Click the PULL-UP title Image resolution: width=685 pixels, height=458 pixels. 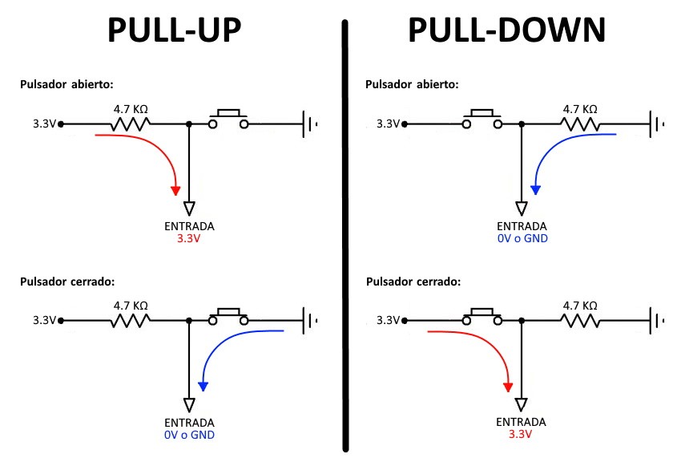(x=174, y=31)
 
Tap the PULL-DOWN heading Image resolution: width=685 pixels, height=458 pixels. (x=506, y=31)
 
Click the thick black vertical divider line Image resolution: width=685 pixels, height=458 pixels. (x=346, y=241)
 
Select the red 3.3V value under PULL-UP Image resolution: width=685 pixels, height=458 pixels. (x=189, y=238)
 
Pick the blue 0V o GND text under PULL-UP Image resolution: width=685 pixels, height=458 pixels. (x=189, y=435)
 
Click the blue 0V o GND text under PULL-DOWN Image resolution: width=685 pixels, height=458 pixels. (x=522, y=238)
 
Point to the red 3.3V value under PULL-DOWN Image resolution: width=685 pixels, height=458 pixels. (x=522, y=435)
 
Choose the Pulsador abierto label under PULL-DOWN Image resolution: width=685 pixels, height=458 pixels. (x=412, y=84)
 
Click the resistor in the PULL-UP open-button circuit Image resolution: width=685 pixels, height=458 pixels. (x=130, y=124)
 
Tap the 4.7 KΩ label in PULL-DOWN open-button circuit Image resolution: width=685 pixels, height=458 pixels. (x=579, y=109)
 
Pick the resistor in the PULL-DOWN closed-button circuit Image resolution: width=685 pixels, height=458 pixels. (x=579, y=321)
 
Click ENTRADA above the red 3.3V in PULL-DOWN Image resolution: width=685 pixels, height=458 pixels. (x=522, y=422)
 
